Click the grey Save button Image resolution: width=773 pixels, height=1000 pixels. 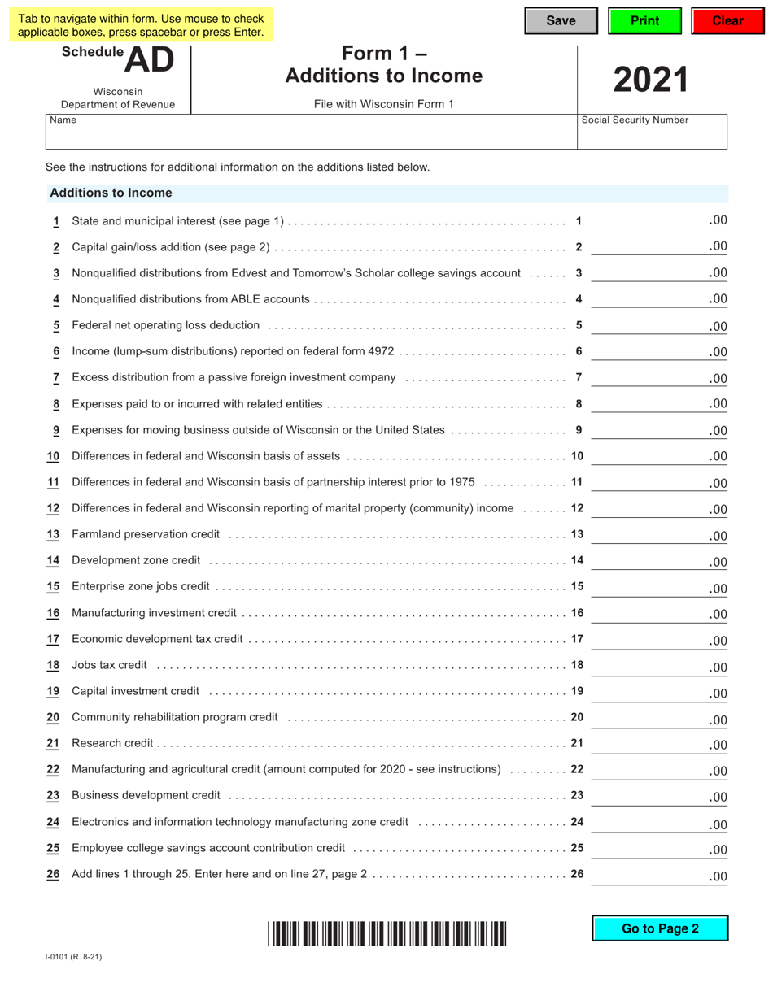[x=561, y=21]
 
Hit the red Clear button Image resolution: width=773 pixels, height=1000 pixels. [x=727, y=21]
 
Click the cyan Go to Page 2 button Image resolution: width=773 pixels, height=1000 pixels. [x=660, y=928]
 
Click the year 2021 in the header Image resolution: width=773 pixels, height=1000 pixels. [x=651, y=80]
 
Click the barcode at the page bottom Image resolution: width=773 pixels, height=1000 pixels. [x=386, y=933]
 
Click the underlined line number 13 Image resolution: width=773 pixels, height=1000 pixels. [x=53, y=534]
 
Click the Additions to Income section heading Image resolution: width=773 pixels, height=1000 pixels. [x=111, y=193]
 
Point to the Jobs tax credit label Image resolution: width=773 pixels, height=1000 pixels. [x=109, y=665]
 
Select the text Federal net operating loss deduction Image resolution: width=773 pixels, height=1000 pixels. [x=165, y=325]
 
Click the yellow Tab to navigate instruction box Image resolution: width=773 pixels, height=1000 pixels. [x=141, y=25]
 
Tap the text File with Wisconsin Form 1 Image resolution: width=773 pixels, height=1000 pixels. [x=383, y=104]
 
